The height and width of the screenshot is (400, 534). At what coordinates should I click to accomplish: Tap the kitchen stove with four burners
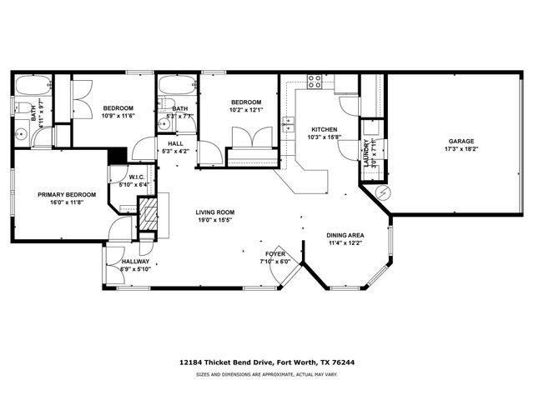pyautogui.click(x=315, y=82)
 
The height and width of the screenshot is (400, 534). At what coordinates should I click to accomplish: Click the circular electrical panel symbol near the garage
pyautogui.click(x=383, y=192)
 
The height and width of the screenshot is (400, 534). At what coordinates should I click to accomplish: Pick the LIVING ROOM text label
pyautogui.click(x=214, y=212)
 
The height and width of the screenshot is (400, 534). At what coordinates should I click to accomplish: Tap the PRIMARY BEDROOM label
pyautogui.click(x=67, y=194)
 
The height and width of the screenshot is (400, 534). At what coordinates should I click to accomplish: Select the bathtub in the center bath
pyautogui.click(x=175, y=86)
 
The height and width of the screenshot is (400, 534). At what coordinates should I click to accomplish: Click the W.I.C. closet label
pyautogui.click(x=138, y=177)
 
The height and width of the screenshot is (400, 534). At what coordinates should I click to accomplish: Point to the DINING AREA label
pyautogui.click(x=345, y=235)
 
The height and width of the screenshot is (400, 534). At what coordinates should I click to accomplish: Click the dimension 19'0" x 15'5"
pyautogui.click(x=214, y=220)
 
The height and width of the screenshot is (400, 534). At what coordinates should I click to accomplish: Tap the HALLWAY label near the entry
pyautogui.click(x=135, y=261)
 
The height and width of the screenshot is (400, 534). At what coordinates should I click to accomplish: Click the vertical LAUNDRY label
pyautogui.click(x=366, y=154)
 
